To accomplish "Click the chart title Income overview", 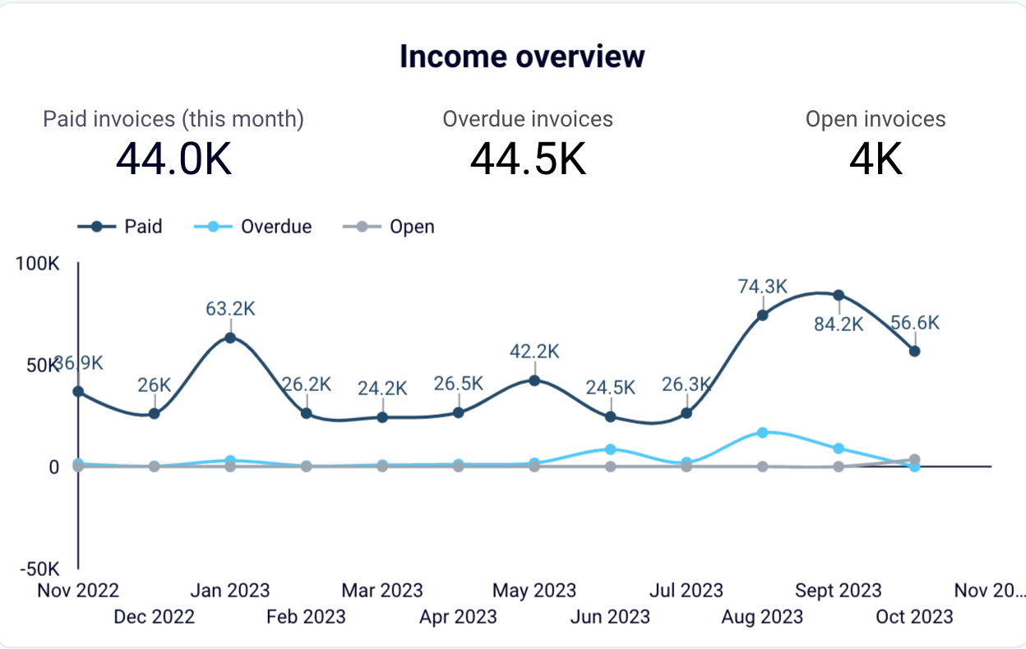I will coord(522,57).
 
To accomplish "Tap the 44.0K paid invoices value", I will coord(173,159).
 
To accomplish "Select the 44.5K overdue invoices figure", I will coord(528,159).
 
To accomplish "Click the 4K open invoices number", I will coord(876,159).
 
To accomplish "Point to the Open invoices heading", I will coord(876,119).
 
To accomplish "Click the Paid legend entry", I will coord(120,227).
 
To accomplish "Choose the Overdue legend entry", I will coord(255,227).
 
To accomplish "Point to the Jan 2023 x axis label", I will coord(230,590).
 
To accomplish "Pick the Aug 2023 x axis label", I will coord(762,616).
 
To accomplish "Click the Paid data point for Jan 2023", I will coord(230,338).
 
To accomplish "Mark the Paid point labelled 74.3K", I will coord(762,315).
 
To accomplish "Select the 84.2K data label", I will coord(838,324).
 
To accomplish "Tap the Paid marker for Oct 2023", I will coord(914,351).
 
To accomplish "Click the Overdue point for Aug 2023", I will coord(762,432).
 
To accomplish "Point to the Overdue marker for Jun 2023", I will coord(610,449).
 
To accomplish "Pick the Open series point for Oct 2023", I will coord(914,460).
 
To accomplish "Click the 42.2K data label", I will coord(534,352).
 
